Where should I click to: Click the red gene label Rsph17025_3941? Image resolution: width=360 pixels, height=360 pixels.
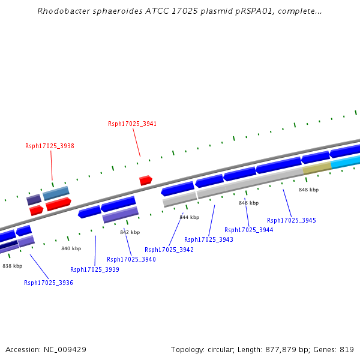click(x=132, y=124)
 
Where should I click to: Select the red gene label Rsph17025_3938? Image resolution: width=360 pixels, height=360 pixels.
click(x=50, y=146)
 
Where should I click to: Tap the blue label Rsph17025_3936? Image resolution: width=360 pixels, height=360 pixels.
click(x=49, y=283)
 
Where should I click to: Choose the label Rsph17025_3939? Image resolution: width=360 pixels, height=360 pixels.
click(x=95, y=269)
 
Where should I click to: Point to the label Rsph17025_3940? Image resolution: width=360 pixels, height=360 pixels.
click(x=131, y=259)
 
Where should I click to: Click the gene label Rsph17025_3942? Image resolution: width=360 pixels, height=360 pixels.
click(x=169, y=250)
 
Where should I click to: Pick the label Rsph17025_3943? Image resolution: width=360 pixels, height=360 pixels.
click(x=209, y=239)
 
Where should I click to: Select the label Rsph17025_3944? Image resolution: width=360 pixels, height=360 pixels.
click(x=249, y=230)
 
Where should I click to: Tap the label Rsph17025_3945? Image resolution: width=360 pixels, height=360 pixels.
click(x=292, y=220)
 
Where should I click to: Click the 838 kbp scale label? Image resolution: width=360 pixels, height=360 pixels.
click(x=12, y=266)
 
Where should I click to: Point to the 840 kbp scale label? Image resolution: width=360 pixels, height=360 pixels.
click(x=71, y=248)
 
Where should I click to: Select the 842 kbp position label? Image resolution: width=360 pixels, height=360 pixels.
click(x=130, y=232)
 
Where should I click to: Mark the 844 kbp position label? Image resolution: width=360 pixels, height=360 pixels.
click(x=189, y=217)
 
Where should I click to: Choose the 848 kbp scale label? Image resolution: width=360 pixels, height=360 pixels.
click(x=308, y=190)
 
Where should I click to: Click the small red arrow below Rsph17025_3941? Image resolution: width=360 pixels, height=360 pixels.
click(x=145, y=180)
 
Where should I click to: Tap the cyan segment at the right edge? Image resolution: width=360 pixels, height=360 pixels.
click(x=346, y=162)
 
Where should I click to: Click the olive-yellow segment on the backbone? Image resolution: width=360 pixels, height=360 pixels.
click(x=317, y=169)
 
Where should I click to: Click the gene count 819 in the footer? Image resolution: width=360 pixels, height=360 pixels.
click(x=347, y=349)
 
